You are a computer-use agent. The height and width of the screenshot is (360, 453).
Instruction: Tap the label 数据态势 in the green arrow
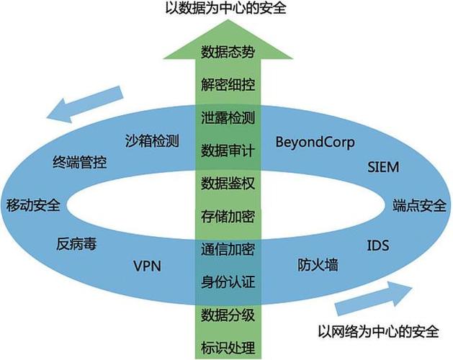tap(228, 52)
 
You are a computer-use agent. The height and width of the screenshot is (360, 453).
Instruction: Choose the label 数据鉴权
tap(228, 182)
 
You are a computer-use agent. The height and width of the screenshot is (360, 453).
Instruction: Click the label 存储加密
tap(228, 215)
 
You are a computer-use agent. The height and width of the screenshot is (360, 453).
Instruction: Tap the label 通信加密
tap(228, 249)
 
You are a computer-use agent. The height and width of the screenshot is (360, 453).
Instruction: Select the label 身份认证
tap(228, 282)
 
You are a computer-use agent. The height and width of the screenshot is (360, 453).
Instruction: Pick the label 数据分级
tap(228, 315)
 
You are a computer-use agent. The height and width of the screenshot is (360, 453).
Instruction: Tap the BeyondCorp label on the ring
tap(315, 142)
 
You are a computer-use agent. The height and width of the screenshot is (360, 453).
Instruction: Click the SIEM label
tap(382, 167)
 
